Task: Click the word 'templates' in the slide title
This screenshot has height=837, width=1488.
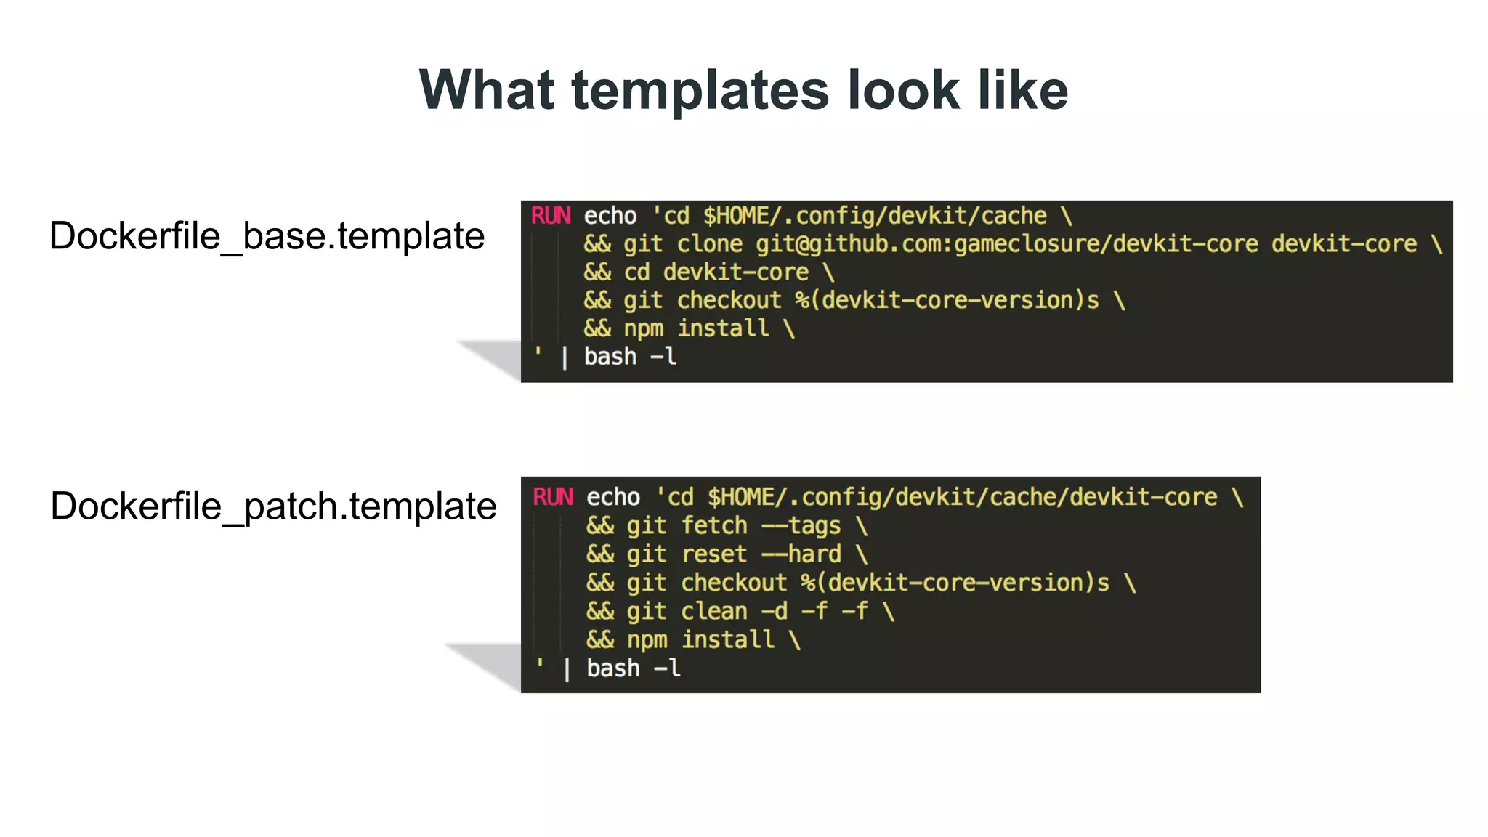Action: pyautogui.click(x=700, y=91)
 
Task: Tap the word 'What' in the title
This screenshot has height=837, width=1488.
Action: pyautogui.click(x=487, y=91)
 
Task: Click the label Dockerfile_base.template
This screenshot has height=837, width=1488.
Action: pyautogui.click(x=267, y=236)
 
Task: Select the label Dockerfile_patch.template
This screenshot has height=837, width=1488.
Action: pyautogui.click(x=273, y=506)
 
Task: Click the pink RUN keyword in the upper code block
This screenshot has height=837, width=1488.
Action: pyautogui.click(x=551, y=216)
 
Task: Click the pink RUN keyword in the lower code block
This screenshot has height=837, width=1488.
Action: pyautogui.click(x=553, y=497)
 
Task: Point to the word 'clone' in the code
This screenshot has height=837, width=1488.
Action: pyautogui.click(x=710, y=244)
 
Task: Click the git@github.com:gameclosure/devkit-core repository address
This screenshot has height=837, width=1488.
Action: pyautogui.click(x=1007, y=244)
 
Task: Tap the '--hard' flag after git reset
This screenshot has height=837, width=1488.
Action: pyautogui.click(x=801, y=554)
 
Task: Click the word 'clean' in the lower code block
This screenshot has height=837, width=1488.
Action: pyautogui.click(x=714, y=611)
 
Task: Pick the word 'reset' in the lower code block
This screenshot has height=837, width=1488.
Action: pyautogui.click(x=714, y=554)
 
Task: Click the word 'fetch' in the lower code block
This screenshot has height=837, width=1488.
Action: pyautogui.click(x=714, y=525)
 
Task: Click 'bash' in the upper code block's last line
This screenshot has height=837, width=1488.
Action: pyautogui.click(x=610, y=357)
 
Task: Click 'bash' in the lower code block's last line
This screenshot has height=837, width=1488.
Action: pyautogui.click(x=613, y=668)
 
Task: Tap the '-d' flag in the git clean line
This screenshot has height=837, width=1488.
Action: pyautogui.click(x=775, y=611)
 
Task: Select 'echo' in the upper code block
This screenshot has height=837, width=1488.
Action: pyautogui.click(x=610, y=216)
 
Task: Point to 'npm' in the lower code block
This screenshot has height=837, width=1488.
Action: pyautogui.click(x=647, y=640)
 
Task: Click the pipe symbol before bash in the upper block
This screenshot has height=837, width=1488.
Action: pyautogui.click(x=565, y=357)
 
